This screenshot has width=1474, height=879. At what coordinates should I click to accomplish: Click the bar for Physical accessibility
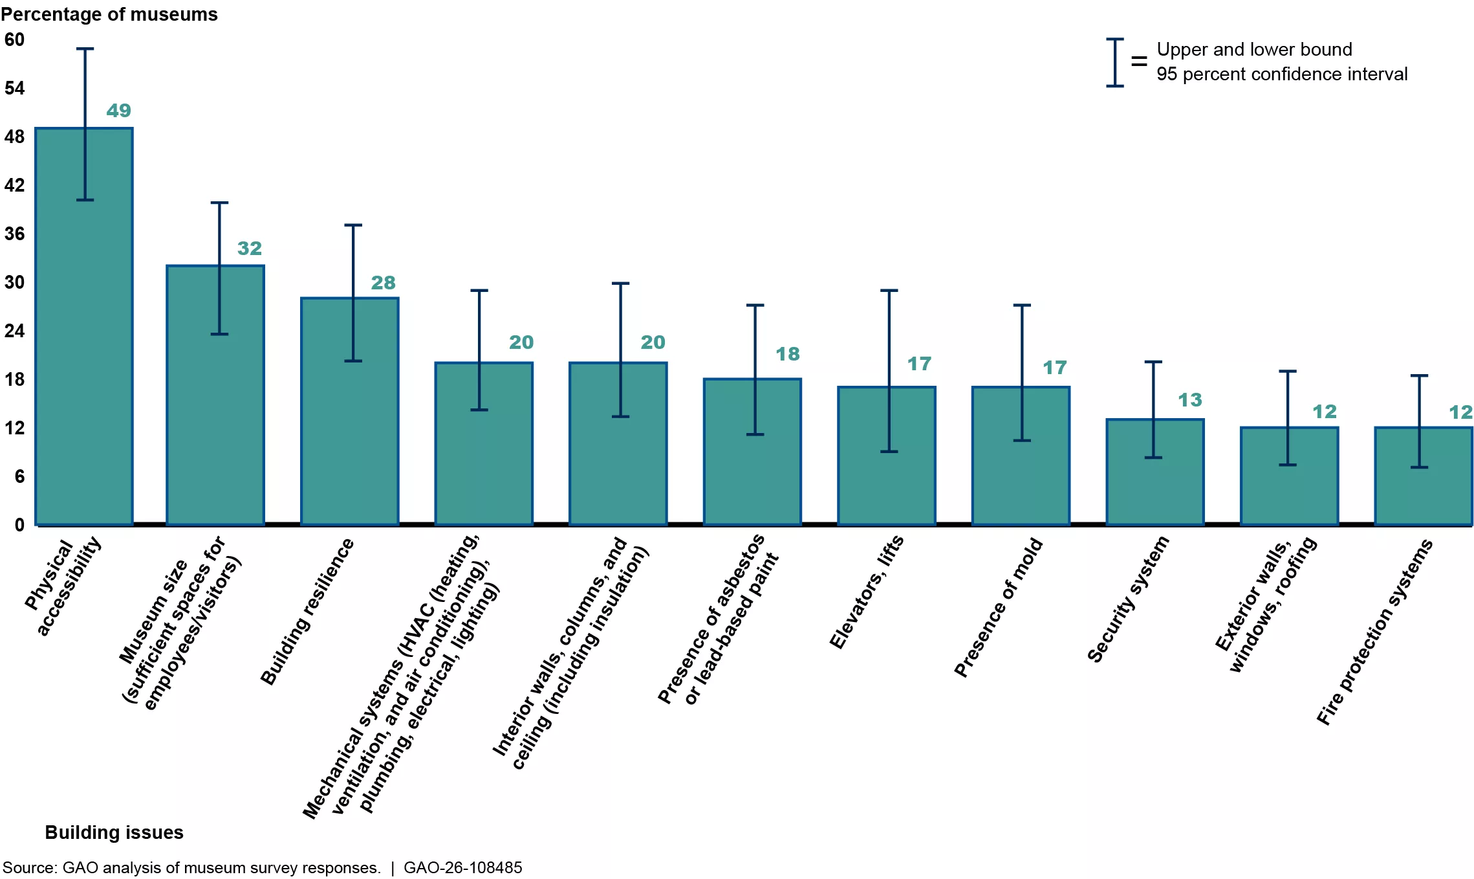click(x=84, y=362)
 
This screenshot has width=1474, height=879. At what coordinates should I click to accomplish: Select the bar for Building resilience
click(x=349, y=440)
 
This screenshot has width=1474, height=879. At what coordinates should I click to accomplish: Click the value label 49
click(x=118, y=111)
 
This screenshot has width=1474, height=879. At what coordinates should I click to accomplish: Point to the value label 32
click(x=249, y=249)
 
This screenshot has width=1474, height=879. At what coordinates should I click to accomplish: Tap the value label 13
click(x=1189, y=400)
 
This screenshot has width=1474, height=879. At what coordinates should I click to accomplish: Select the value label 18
click(x=787, y=354)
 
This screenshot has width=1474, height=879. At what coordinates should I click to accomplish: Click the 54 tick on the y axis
click(x=14, y=88)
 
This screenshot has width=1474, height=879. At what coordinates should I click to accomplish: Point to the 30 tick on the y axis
click(x=14, y=282)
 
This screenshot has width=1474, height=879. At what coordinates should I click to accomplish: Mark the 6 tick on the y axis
click(x=19, y=476)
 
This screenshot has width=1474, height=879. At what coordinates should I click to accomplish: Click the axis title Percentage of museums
click(x=109, y=14)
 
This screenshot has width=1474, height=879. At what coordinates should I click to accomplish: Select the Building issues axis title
click(x=114, y=832)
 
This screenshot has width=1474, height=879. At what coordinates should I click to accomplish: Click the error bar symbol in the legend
click(x=1114, y=62)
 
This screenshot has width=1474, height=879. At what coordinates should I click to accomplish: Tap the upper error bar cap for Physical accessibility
click(x=85, y=49)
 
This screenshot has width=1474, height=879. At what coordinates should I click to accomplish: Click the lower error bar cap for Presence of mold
click(x=1021, y=441)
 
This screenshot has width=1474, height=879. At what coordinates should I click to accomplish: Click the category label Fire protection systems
click(x=1374, y=632)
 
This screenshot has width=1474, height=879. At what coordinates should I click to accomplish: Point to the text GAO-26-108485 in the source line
click(x=462, y=868)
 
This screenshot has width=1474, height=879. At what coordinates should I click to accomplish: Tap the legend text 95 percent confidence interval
click(x=1281, y=74)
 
